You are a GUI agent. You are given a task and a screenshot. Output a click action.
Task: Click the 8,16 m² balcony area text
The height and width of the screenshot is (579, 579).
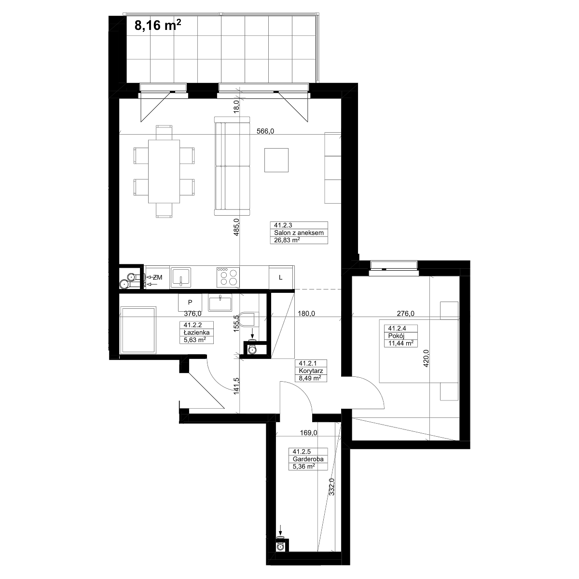tap(157, 25)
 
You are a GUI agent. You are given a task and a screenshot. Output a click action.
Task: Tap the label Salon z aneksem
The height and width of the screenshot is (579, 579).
tap(299, 233)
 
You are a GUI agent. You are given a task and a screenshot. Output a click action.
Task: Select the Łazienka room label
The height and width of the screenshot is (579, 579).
tap(196, 332)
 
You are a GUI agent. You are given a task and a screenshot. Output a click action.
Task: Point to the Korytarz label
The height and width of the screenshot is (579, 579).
tap(311, 371)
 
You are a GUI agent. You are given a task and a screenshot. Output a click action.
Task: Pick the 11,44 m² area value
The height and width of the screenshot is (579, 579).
tap(401, 343)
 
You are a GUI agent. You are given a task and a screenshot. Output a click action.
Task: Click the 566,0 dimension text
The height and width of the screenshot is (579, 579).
tap(265, 131)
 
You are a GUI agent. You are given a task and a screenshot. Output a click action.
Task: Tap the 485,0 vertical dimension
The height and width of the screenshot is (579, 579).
tap(236, 227)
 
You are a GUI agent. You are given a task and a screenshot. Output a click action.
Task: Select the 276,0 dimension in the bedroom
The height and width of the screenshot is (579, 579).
tap(406, 314)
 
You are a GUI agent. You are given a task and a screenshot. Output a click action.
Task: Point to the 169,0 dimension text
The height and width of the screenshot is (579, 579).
tap(309, 433)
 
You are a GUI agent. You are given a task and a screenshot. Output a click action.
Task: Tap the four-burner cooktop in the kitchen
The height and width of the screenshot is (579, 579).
tap(228, 276)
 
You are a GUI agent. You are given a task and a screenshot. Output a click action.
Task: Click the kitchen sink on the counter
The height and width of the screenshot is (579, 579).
tap(181, 277)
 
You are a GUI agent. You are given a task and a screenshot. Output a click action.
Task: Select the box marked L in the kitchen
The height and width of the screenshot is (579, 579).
tap(281, 277)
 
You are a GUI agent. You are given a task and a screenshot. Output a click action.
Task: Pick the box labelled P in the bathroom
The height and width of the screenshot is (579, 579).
tap(190, 302)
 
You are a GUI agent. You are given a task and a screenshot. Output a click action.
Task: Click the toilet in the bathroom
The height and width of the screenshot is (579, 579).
tap(248, 319)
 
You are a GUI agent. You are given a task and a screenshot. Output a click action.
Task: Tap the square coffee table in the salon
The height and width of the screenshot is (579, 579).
tap(276, 160)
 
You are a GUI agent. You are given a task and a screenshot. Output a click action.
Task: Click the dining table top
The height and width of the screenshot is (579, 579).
tap(164, 171)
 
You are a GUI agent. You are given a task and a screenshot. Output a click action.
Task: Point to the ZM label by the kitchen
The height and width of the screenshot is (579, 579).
tap(158, 277)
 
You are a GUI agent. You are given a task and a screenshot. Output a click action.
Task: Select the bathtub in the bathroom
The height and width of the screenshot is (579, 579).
tap(138, 330)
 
